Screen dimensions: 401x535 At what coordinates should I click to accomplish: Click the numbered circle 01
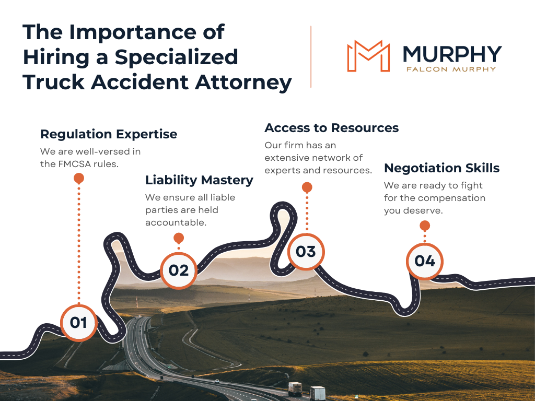(x=78, y=322)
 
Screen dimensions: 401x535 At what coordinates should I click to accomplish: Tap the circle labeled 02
(x=178, y=270)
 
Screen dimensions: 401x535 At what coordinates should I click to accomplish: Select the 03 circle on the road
(x=306, y=252)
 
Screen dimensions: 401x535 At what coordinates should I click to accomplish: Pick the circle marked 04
(x=424, y=261)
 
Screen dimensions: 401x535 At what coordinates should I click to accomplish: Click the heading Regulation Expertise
(x=109, y=134)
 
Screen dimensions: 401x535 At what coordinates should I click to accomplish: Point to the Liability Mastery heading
(x=199, y=180)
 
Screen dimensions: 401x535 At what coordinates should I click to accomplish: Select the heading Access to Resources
(x=331, y=128)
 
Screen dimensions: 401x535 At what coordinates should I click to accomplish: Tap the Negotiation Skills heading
(x=441, y=168)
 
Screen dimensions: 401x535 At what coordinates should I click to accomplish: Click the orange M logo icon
(x=368, y=55)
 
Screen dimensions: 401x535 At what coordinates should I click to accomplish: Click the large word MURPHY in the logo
(x=452, y=54)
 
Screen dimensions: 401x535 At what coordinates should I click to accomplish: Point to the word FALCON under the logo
(x=427, y=68)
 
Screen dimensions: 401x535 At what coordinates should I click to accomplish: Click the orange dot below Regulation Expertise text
(x=79, y=179)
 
